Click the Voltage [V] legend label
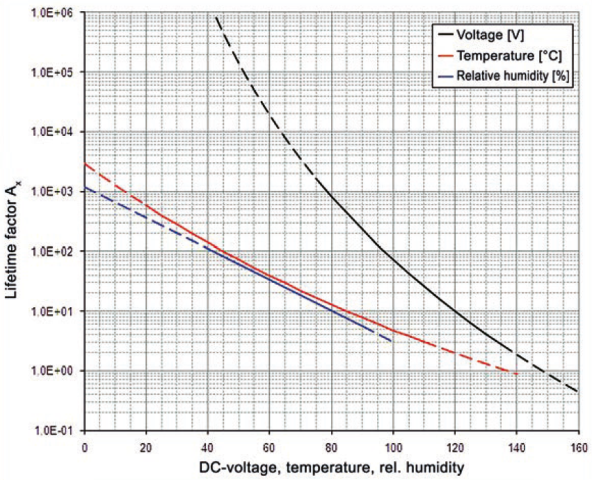(x=490, y=35)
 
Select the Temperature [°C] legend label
(x=509, y=56)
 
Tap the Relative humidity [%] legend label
(x=513, y=76)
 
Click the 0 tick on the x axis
(x=85, y=447)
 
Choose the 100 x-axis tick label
(x=393, y=447)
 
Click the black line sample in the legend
(x=445, y=35)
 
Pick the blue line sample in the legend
(x=445, y=76)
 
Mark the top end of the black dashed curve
(x=216, y=18)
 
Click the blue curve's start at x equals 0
(x=85, y=187)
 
